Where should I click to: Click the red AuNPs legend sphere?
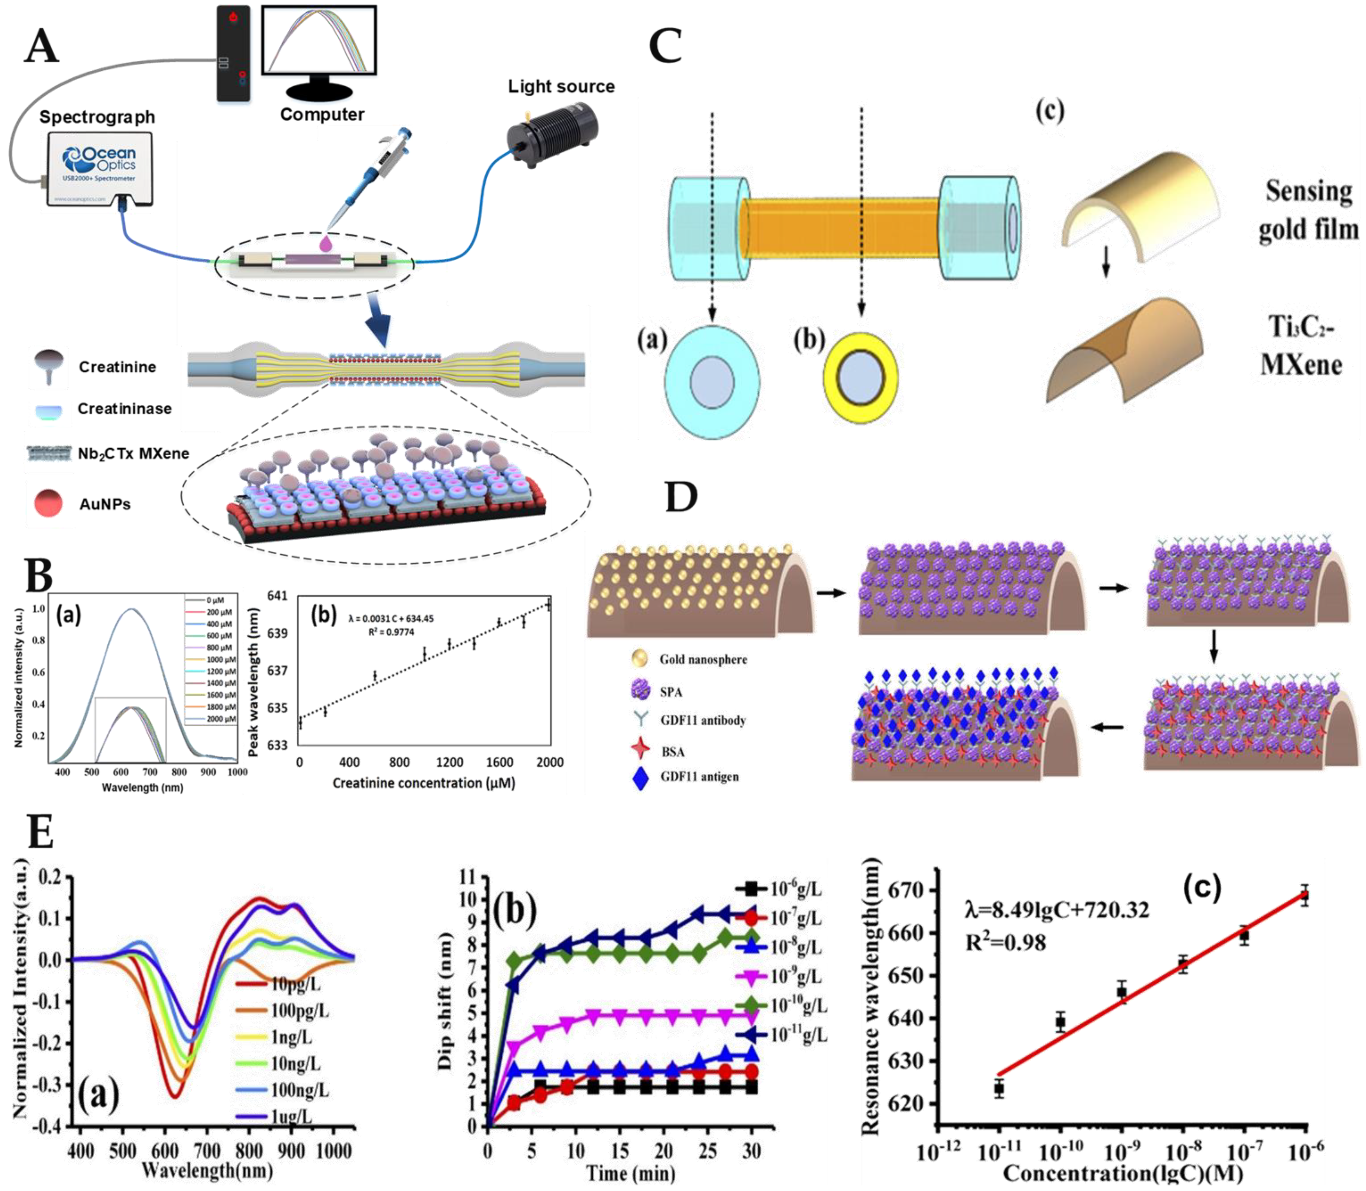coord(48,503)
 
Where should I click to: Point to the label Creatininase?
coord(124,408)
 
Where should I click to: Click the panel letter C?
coord(665,46)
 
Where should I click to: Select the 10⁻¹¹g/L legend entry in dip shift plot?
coord(798,1035)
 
